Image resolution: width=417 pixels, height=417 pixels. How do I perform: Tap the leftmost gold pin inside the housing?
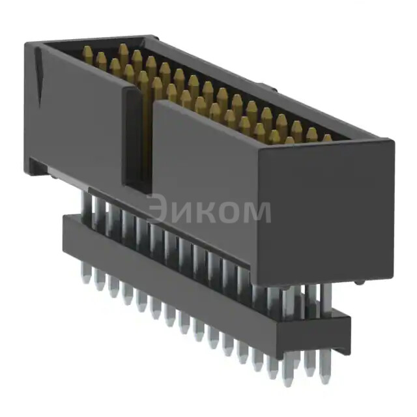pos(87,55)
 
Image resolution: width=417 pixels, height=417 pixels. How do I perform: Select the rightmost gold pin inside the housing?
pos(326,139)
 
